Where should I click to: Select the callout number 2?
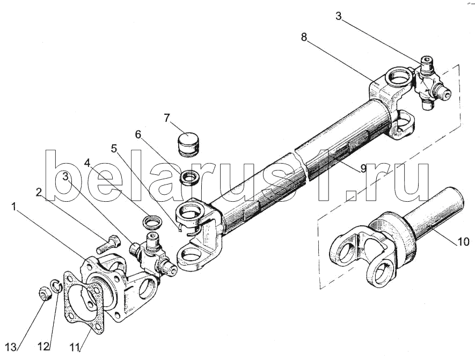pyautogui.click(x=39, y=192)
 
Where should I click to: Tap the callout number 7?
pyautogui.click(x=167, y=118)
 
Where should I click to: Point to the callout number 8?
pyautogui.click(x=304, y=37)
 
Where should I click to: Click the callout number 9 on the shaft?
pyautogui.click(x=363, y=168)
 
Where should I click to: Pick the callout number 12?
pyautogui.click(x=43, y=347)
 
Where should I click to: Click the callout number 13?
pyautogui.click(x=10, y=347)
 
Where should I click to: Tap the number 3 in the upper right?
pyautogui.click(x=338, y=16)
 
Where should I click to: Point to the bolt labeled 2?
pyautogui.click(x=108, y=244)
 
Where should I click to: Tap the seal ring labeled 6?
pyautogui.click(x=189, y=177)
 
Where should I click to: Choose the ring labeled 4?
pyautogui.click(x=152, y=222)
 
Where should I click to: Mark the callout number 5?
pyautogui.click(x=114, y=149)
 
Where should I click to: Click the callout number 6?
pyautogui.click(x=138, y=135)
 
